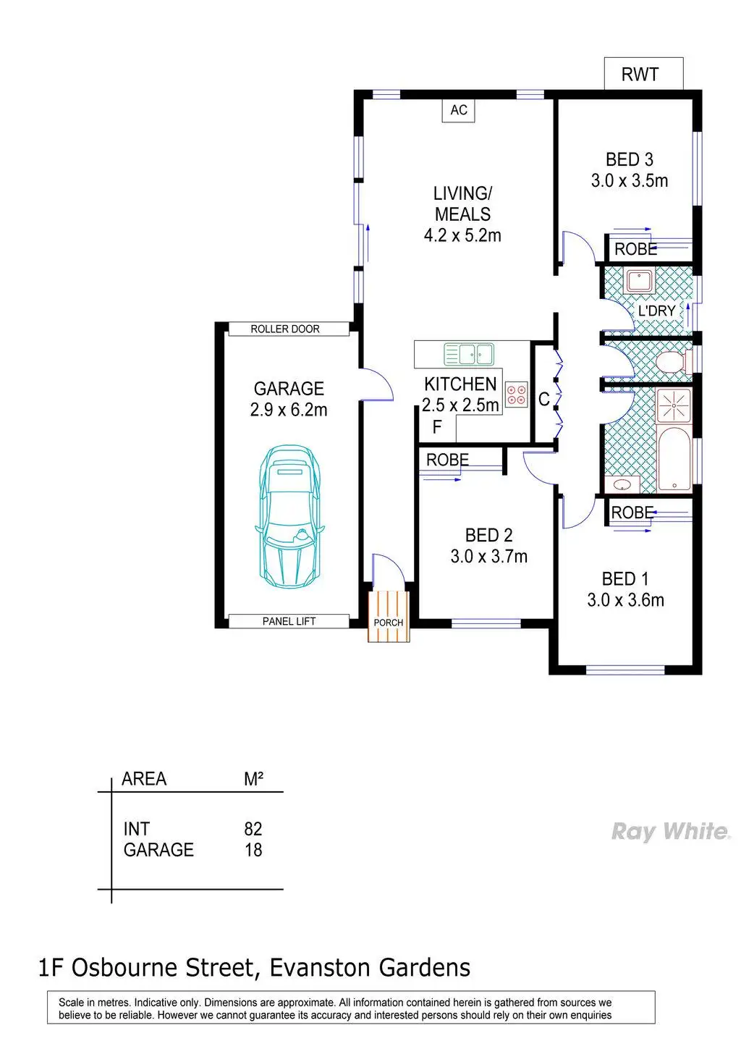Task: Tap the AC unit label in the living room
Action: (x=459, y=110)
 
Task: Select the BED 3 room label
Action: (x=629, y=159)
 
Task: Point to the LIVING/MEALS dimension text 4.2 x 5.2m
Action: (x=462, y=235)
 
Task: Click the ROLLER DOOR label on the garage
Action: (x=285, y=329)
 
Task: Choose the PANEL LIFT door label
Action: (x=289, y=621)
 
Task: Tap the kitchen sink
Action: (x=468, y=354)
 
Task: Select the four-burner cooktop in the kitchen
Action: (x=517, y=395)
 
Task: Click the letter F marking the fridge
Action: (x=437, y=427)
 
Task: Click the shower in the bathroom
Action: (x=674, y=406)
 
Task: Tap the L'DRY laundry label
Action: (x=656, y=311)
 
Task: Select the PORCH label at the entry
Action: (x=389, y=623)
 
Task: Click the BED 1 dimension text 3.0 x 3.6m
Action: (x=625, y=600)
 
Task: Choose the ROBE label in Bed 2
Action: (x=447, y=460)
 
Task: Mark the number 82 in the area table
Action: (x=253, y=829)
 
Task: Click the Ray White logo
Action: (x=670, y=832)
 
